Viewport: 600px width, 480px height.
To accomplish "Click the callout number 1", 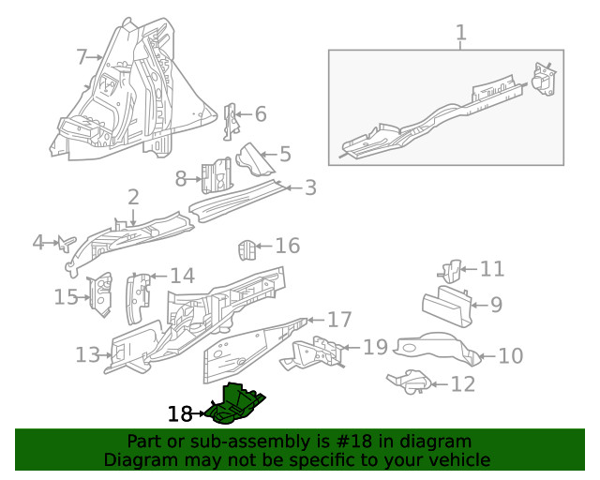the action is (x=460, y=35).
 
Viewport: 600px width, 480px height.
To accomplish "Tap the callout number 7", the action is (x=82, y=57).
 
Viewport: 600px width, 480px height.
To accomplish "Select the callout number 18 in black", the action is (x=180, y=413).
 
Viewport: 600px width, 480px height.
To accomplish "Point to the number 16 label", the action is (x=287, y=246).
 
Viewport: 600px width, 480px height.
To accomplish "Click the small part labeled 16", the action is (x=246, y=251).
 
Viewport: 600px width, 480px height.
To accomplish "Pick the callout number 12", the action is (x=462, y=383).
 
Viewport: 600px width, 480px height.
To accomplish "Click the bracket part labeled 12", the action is (x=410, y=382).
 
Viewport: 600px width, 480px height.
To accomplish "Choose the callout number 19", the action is (x=375, y=348).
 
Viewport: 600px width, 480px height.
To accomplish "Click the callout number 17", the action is (x=339, y=319).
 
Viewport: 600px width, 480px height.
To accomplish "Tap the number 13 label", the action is (x=87, y=355).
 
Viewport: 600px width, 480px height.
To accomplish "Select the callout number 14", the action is (x=181, y=276).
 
